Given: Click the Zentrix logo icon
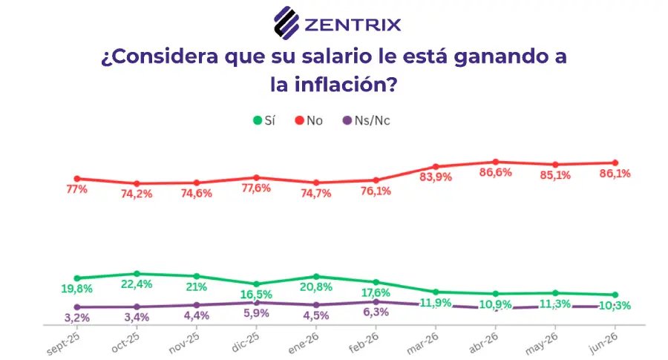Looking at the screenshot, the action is click(x=286, y=22).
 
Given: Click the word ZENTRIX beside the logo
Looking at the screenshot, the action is click(x=353, y=24).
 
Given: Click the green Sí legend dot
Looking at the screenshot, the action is click(x=258, y=120).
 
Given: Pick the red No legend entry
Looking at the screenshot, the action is click(x=309, y=120).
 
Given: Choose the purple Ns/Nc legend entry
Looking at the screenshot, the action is click(x=367, y=120).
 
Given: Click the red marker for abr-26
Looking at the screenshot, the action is click(x=496, y=162).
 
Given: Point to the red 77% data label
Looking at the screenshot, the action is click(x=77, y=189).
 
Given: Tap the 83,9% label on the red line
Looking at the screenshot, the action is click(x=436, y=177).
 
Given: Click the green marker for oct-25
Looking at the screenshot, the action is click(x=137, y=273).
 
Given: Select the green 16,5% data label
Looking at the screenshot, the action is click(x=256, y=295).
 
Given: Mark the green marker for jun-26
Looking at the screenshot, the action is click(x=615, y=295).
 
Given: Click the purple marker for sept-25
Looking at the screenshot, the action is click(x=77, y=307).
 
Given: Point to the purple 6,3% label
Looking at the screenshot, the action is click(x=376, y=312).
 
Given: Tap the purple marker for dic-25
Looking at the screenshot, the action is click(x=257, y=303).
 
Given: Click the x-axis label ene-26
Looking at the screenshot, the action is click(x=304, y=343).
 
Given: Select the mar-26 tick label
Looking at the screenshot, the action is click(x=422, y=344).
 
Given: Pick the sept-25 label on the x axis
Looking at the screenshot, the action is click(x=63, y=344).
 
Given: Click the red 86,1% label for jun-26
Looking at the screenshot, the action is click(x=615, y=174).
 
